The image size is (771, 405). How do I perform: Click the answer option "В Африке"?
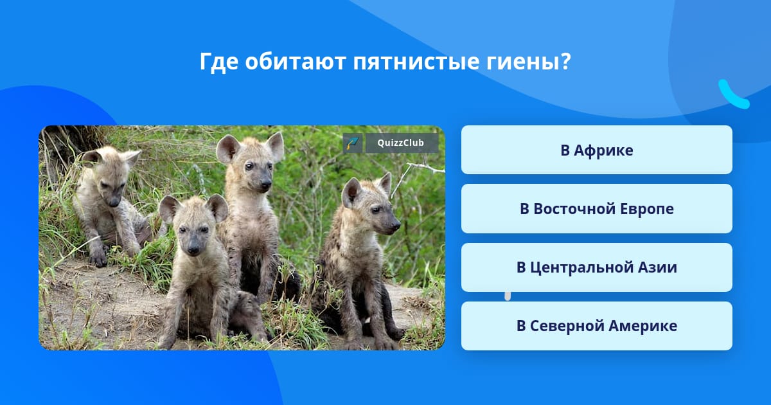click(596, 150)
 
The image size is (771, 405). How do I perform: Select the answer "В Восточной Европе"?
click(596, 208)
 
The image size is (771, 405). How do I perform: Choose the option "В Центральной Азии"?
click(596, 267)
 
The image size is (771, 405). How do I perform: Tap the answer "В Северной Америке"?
click(596, 326)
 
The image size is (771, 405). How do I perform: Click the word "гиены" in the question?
click(518, 62)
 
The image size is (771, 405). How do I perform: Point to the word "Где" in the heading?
click(219, 62)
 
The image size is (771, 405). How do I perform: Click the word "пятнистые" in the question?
click(416, 62)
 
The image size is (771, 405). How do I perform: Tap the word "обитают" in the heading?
click(296, 62)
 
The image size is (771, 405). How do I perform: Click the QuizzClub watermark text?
click(400, 143)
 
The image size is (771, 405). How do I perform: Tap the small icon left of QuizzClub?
click(353, 143)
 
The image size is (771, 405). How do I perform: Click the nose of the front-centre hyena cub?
click(193, 250)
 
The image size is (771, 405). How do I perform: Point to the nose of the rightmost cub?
click(396, 226)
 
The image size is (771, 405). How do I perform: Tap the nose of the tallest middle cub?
click(266, 185)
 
